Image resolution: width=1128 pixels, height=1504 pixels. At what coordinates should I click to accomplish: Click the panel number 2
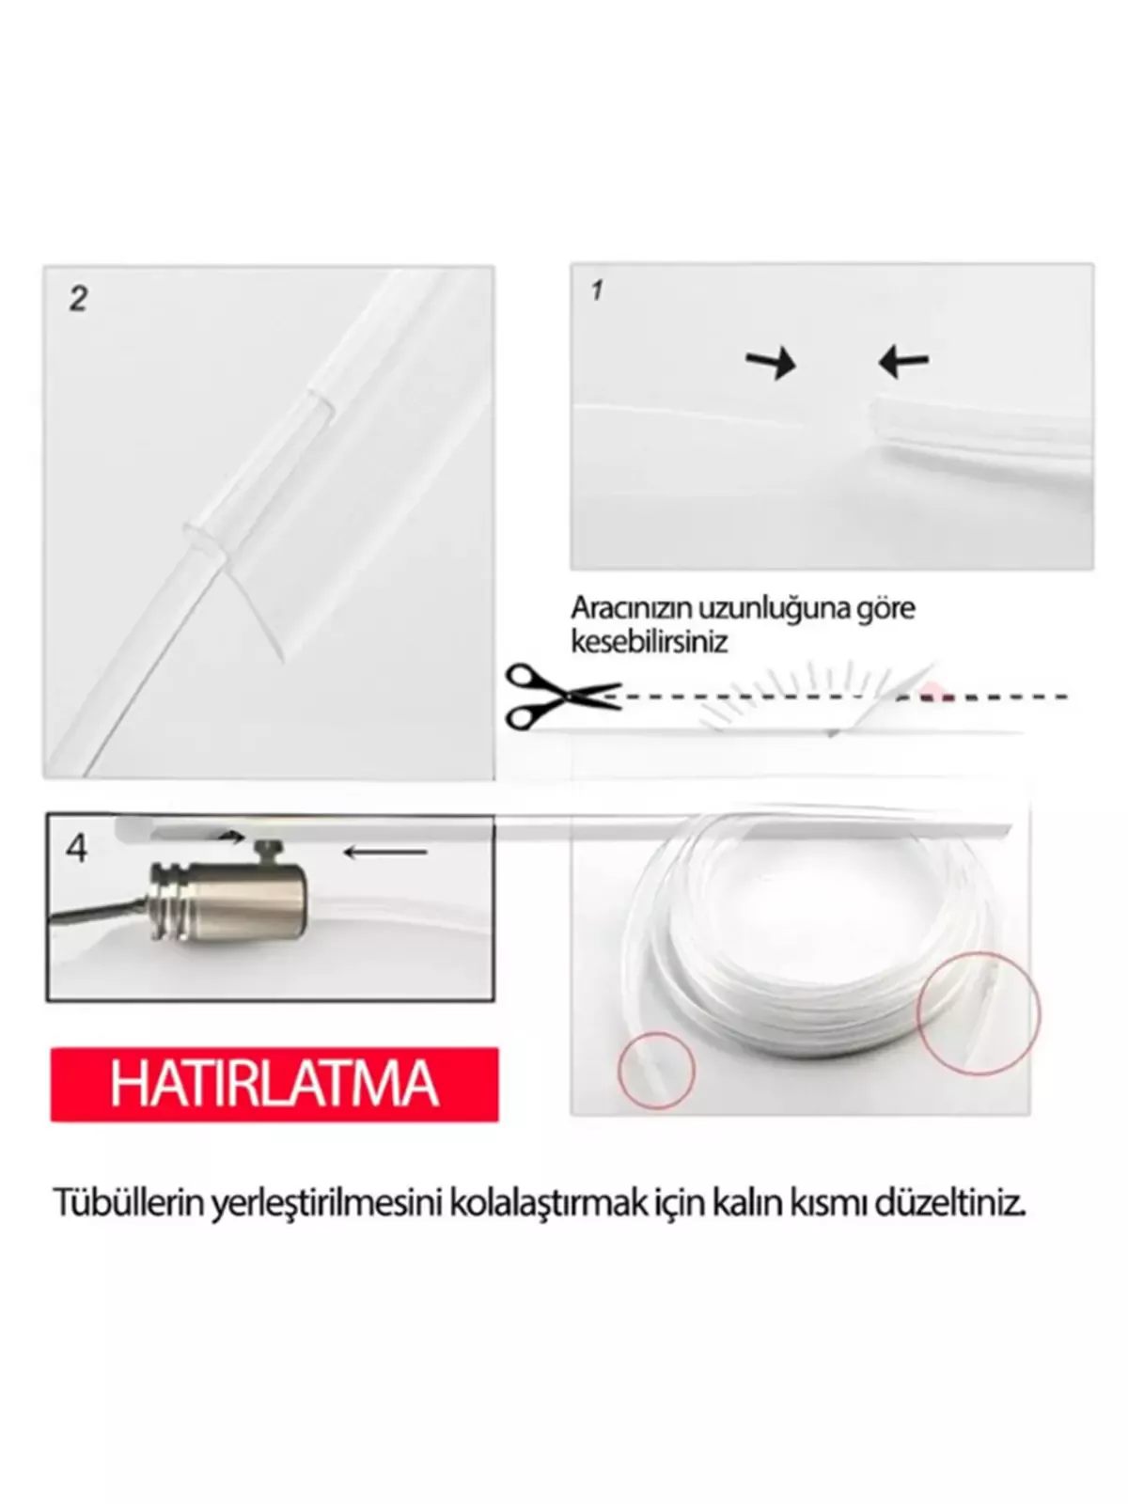79,300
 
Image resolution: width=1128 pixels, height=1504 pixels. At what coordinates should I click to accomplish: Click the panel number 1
597,290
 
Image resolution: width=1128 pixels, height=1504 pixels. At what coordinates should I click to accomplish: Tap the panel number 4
77,849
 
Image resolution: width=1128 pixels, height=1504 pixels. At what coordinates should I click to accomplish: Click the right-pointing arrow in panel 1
771,362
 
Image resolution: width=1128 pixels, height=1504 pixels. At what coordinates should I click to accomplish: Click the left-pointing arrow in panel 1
903,360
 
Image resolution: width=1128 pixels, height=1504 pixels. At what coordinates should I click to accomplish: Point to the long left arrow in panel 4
385,853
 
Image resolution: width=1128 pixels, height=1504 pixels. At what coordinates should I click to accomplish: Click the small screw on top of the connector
266,852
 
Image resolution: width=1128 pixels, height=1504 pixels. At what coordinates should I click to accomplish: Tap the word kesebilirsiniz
650,643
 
